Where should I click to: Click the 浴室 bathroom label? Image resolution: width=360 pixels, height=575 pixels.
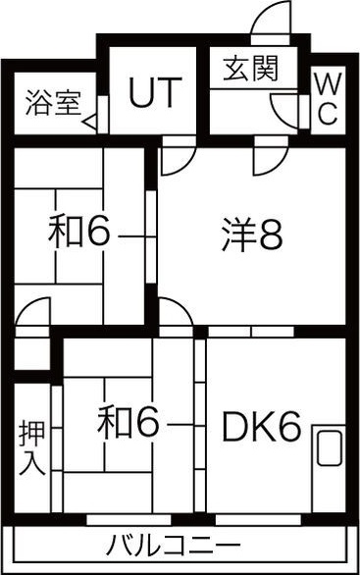[53, 103]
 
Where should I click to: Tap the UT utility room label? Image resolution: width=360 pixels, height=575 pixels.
[155, 92]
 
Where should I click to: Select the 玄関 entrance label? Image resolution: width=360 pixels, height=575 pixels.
[251, 69]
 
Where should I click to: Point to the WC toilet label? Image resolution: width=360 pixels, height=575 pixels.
[328, 98]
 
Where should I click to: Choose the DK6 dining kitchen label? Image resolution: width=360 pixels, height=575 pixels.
[262, 427]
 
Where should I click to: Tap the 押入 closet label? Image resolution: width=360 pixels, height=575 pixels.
[32, 448]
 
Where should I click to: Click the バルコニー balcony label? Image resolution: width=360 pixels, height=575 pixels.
[173, 546]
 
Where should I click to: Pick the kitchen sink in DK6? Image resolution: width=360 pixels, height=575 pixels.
[330, 448]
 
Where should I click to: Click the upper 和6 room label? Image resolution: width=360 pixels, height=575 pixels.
[78, 232]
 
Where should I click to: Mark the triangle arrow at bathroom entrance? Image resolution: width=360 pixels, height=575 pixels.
[90, 122]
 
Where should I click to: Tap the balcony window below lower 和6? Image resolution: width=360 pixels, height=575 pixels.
[129, 520]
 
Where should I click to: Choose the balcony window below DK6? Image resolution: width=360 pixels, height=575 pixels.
[258, 520]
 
